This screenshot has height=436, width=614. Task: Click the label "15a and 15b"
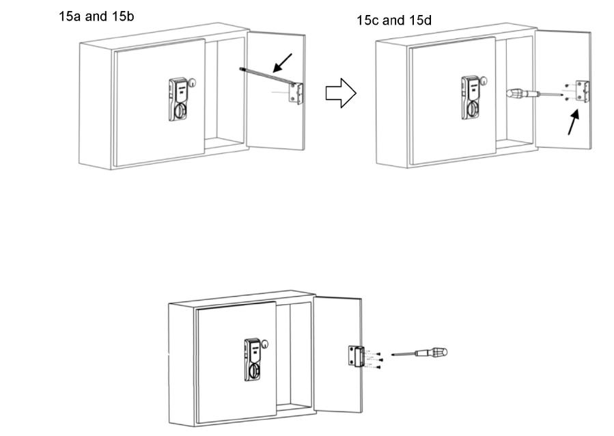click(x=96, y=16)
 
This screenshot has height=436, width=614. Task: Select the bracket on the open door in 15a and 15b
click(x=295, y=92)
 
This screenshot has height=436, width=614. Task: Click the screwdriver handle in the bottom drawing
click(x=435, y=353)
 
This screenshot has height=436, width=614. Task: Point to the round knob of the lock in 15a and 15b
click(x=180, y=111)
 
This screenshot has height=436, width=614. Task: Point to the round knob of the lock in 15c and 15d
click(x=473, y=109)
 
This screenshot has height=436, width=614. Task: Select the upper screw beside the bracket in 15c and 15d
click(x=568, y=85)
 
